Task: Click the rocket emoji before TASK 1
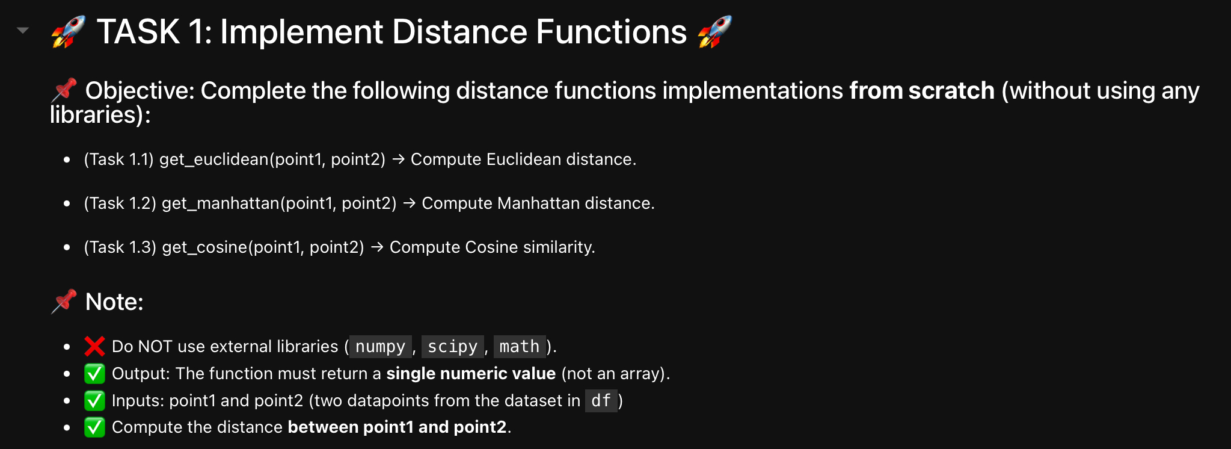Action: (x=68, y=32)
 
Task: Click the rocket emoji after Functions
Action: (x=714, y=32)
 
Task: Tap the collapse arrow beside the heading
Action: (x=23, y=30)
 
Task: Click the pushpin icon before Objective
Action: (x=64, y=90)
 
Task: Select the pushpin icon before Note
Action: (x=64, y=302)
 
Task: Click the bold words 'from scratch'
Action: (x=921, y=91)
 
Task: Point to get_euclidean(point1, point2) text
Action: (x=272, y=159)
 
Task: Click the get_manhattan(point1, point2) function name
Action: (x=279, y=203)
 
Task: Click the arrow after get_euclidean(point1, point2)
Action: (x=398, y=159)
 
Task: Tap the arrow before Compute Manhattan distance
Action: (x=410, y=203)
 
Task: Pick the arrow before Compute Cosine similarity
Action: (x=377, y=247)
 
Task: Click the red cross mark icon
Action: (x=94, y=346)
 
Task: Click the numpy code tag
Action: (x=380, y=347)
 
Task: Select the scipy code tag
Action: (x=452, y=347)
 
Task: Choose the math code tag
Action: (x=519, y=347)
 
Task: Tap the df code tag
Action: (x=601, y=401)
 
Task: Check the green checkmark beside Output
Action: (x=94, y=374)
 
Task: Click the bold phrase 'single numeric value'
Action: (x=470, y=374)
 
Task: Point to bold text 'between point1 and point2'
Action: (x=397, y=427)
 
